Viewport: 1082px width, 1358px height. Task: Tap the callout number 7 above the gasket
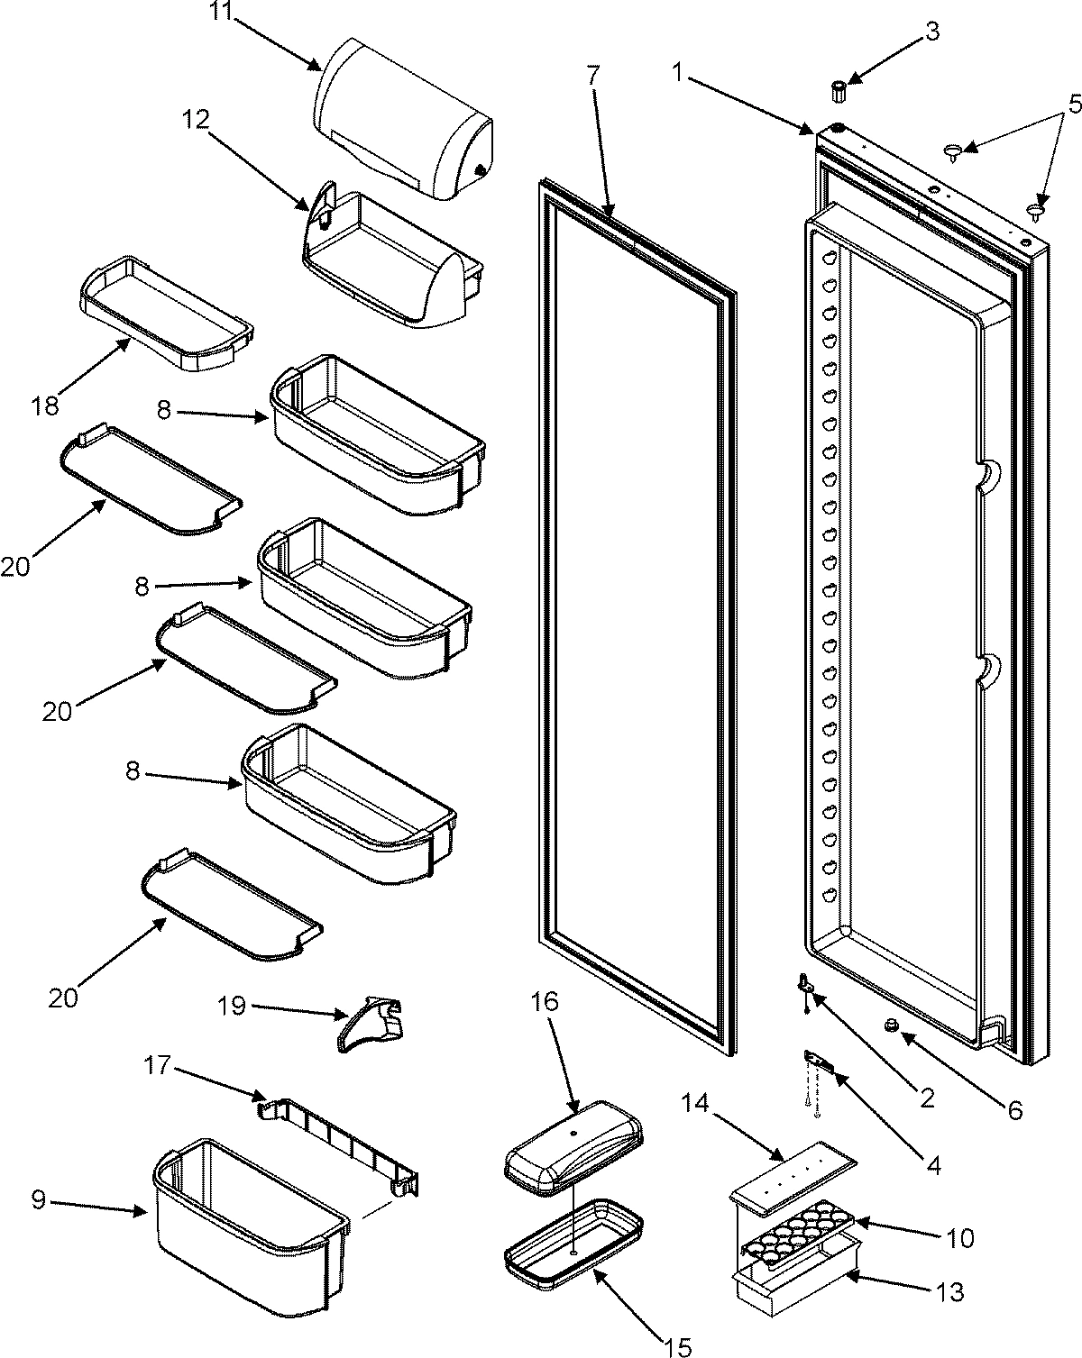[x=591, y=76]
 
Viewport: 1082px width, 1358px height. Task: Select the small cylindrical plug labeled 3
[x=839, y=91]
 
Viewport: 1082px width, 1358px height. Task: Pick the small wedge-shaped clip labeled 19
[x=371, y=1027]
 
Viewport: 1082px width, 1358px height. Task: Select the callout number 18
[x=44, y=406]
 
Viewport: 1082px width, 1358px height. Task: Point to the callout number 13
[x=949, y=1292]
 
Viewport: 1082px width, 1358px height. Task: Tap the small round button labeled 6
[x=892, y=1025]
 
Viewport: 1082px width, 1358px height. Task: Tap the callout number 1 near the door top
[x=689, y=76]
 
